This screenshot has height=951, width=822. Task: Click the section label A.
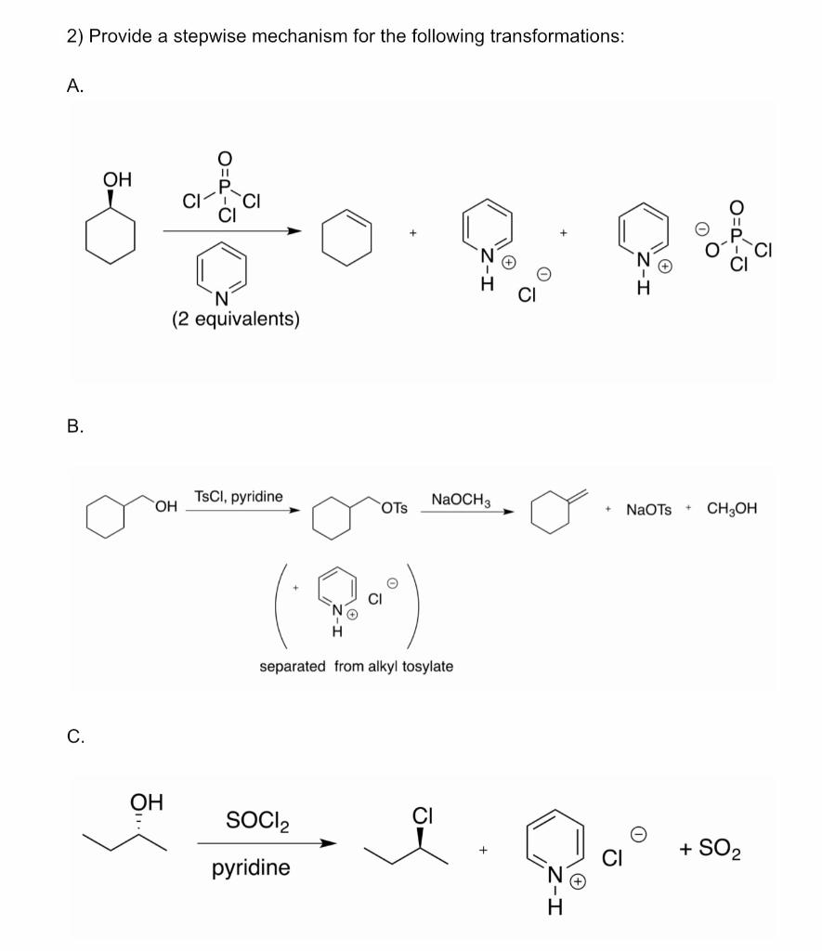pos(75,85)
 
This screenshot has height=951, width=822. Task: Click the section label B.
pos(75,427)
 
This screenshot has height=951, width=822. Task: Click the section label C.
pos(76,737)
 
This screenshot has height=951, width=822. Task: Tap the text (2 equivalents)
pos(235,319)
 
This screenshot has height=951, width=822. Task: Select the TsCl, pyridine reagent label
pos(239,497)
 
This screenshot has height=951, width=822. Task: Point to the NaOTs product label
pos(649,509)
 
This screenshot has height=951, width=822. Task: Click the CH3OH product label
pos(732,509)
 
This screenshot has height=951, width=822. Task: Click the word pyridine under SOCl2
pos(251,868)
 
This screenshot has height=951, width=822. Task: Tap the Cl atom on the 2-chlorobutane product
pos(423,817)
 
